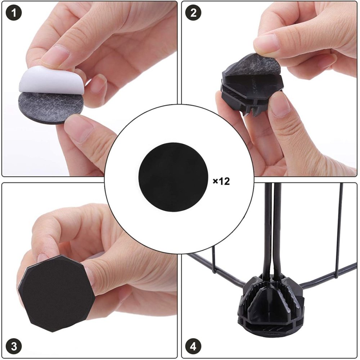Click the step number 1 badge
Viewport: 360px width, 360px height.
click(14, 13)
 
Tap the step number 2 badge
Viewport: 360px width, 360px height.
click(193, 13)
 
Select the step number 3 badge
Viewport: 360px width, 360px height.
click(14, 347)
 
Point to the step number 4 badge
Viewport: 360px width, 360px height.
click(193, 347)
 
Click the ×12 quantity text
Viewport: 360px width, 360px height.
click(221, 181)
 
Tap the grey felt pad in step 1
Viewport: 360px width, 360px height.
click(47, 108)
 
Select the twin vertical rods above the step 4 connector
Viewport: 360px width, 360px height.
click(274, 230)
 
